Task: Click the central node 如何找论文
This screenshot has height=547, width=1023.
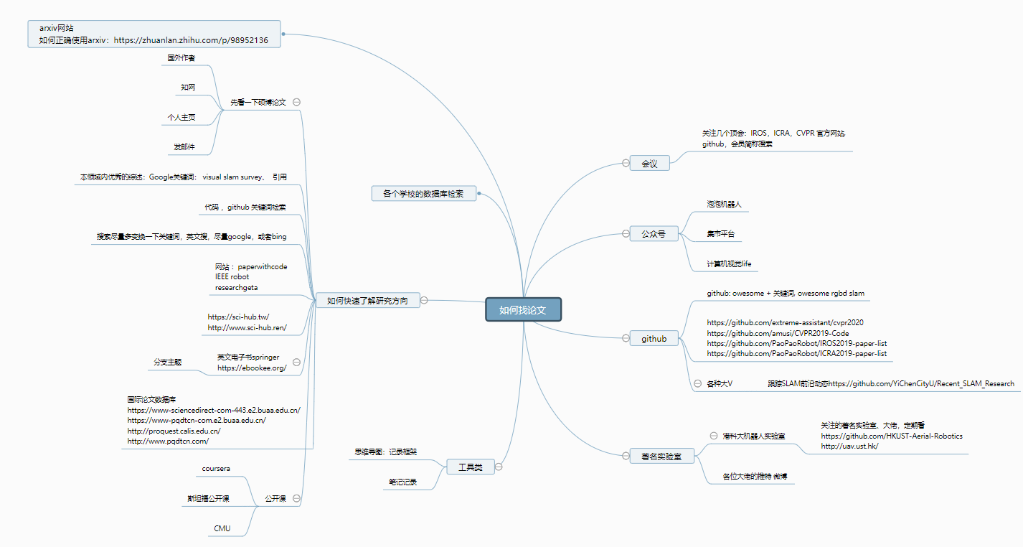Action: [523, 309]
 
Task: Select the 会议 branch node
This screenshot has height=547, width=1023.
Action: [649, 164]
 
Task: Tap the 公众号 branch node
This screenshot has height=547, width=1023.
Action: [653, 233]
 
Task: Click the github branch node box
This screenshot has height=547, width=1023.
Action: [654, 339]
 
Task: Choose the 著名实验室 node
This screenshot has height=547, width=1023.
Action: [661, 456]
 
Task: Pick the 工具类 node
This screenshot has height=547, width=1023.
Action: [470, 467]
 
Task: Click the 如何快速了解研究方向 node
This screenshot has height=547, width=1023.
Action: [367, 301]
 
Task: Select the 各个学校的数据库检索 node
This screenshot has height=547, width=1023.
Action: [423, 193]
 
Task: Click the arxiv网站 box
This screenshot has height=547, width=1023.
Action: [154, 34]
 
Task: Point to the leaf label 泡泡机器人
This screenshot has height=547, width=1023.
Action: [724, 204]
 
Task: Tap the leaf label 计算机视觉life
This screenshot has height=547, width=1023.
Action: [729, 263]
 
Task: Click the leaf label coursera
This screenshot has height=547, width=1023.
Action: [216, 468]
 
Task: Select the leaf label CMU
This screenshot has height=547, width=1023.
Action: [222, 528]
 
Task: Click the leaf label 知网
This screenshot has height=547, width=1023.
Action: [188, 87]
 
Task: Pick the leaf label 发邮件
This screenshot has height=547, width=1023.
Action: [184, 147]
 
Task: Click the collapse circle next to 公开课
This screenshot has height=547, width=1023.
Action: [296, 498]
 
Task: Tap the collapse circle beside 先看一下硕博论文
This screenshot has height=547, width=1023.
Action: [296, 102]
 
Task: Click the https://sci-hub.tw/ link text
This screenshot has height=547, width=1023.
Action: [238, 317]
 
